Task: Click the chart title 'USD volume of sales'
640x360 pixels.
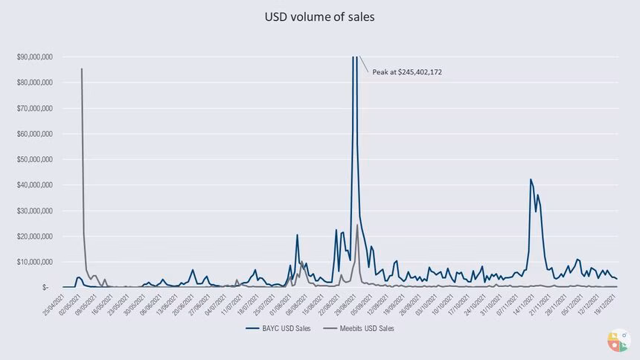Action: (x=319, y=16)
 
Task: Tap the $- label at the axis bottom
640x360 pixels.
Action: (x=46, y=287)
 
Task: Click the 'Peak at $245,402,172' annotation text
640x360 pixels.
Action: (x=407, y=72)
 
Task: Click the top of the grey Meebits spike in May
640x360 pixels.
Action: (x=81, y=69)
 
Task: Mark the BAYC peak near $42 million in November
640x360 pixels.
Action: (x=531, y=179)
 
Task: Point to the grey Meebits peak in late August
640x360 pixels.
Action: (x=357, y=225)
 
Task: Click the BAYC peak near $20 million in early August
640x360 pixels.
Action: (x=297, y=235)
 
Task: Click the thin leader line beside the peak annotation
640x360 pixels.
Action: (x=364, y=64)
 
